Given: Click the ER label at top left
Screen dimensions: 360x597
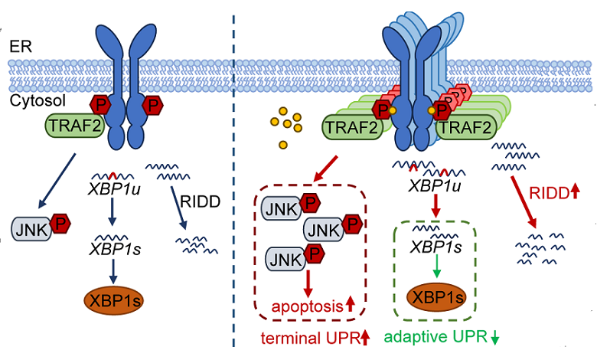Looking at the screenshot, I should coord(21,47).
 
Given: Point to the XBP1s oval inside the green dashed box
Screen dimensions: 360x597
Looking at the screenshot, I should coord(437,297).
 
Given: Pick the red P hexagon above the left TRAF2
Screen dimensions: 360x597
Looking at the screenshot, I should coord(100,103).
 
